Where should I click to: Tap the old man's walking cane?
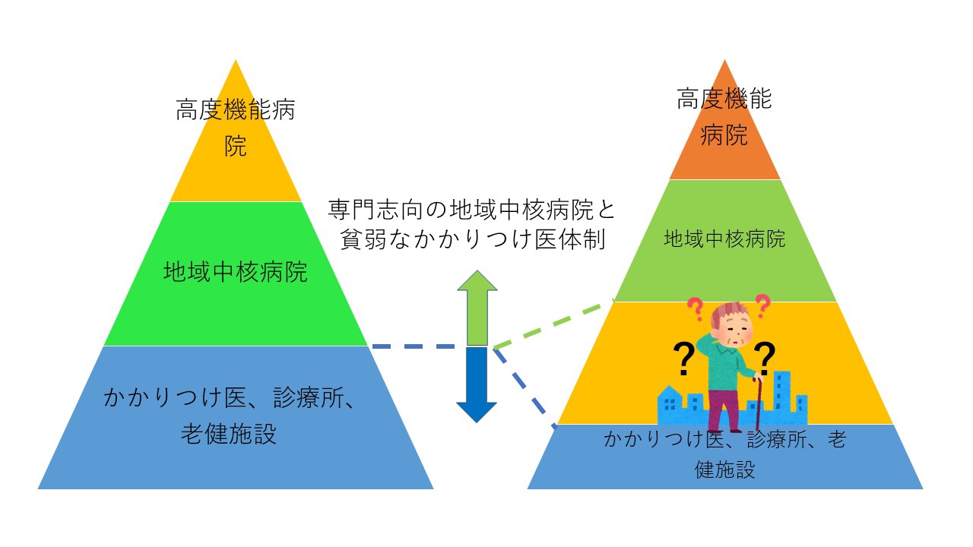click(x=758, y=403)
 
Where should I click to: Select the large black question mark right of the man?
click(x=764, y=359)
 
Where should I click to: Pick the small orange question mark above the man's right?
click(x=762, y=304)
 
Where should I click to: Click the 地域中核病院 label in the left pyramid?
click(x=236, y=272)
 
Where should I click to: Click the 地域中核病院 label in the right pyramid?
click(x=724, y=239)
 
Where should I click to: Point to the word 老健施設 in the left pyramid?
click(x=228, y=435)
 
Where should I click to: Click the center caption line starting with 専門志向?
click(x=471, y=208)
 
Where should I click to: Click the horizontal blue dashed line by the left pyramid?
click(x=414, y=346)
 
